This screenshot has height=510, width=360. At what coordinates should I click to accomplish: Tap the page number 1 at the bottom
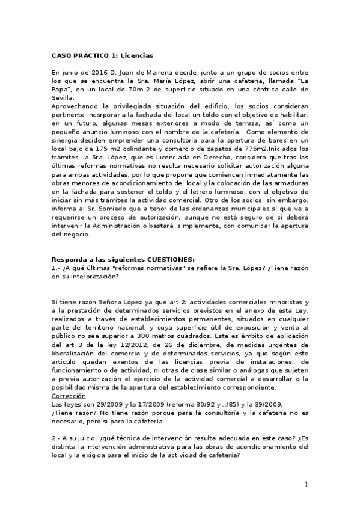click(305, 485)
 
